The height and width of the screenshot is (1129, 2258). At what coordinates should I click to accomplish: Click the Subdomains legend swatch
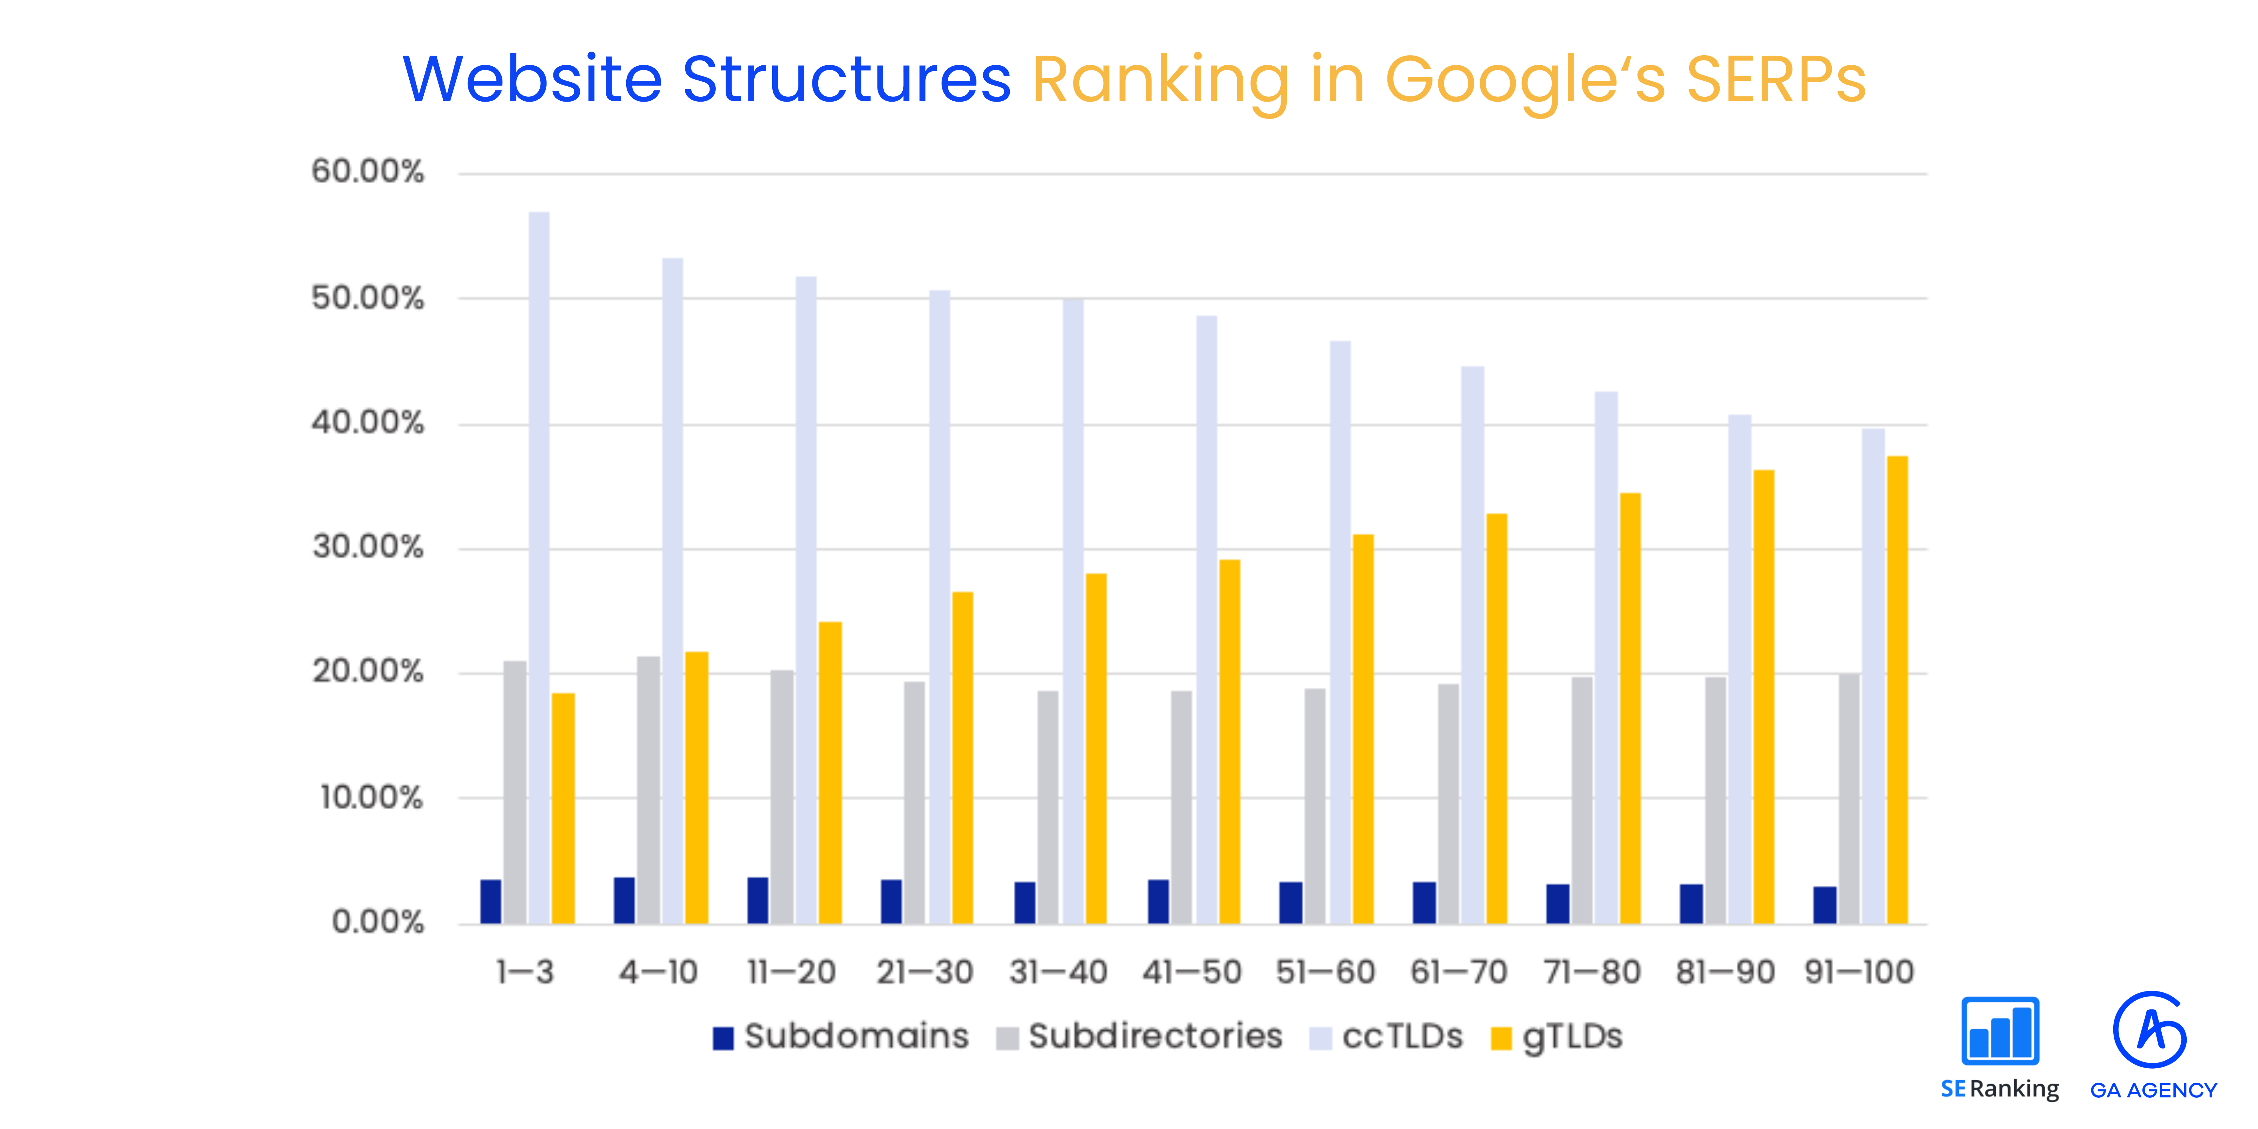723,1038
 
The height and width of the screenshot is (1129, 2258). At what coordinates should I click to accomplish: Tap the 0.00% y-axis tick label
377,922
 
